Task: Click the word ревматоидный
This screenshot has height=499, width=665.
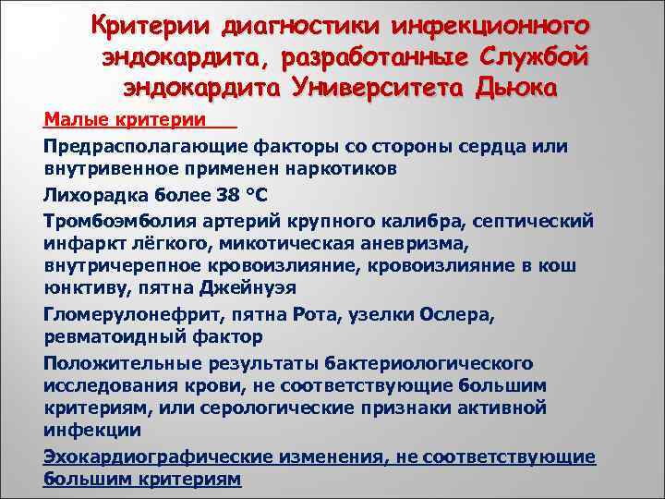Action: point(110,337)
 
